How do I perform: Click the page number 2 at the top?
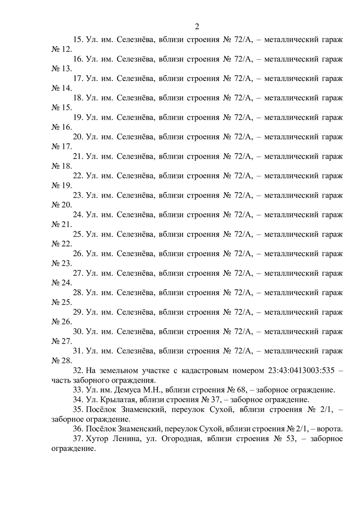[197, 27]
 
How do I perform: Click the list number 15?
[78, 39]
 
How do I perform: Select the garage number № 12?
[61, 49]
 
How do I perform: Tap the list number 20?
[78, 137]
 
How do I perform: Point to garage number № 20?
[61, 205]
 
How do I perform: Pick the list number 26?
[78, 254]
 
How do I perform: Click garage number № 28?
[61, 361]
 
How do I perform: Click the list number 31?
[78, 351]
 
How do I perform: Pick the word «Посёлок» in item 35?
[101, 409]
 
